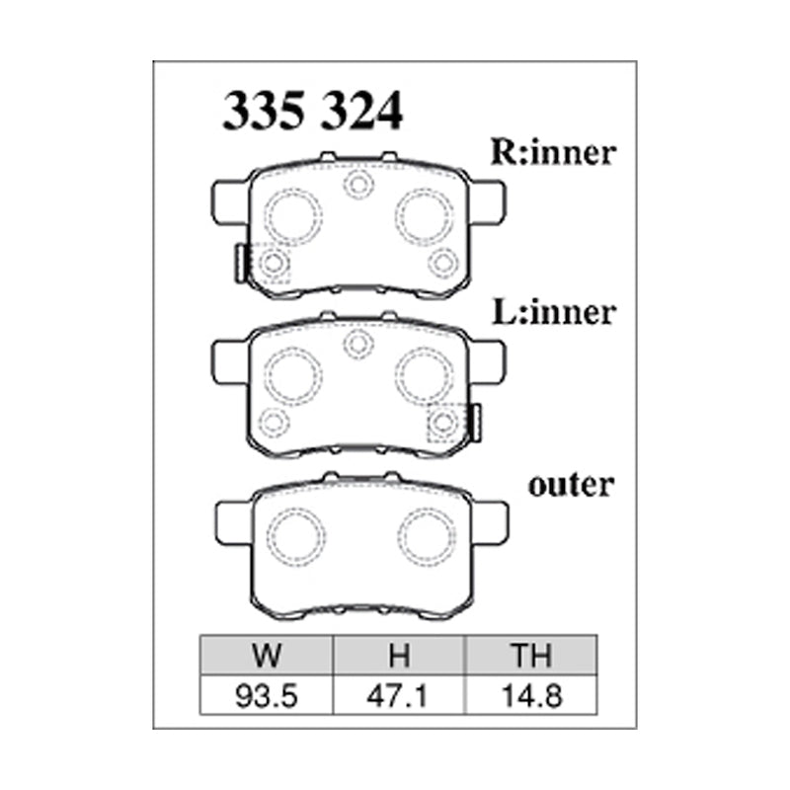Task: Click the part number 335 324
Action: coord(313,113)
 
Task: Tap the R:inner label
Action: coord(553,153)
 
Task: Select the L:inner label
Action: coord(553,313)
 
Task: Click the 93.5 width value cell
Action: coord(267,696)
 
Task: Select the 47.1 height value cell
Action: coord(399,696)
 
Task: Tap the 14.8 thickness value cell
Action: coord(530,696)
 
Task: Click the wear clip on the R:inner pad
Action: coord(238,263)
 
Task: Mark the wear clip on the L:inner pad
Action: coord(475,422)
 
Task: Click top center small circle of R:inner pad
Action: coord(356,184)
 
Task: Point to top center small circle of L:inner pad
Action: coord(357,344)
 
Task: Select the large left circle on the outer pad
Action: coord(296,536)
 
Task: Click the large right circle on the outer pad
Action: coord(426,536)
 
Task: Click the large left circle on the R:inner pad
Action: coord(294,214)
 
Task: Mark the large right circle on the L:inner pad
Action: coord(425,374)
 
